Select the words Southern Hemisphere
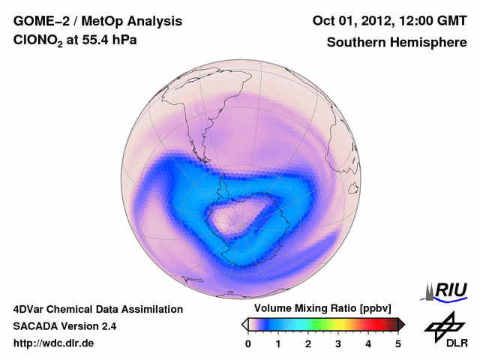[397, 43]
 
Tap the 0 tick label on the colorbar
[248, 343]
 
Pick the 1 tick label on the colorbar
[278, 343]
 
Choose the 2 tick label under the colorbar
[308, 343]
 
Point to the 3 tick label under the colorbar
[338, 343]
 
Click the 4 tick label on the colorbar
[368, 343]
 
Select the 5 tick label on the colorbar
[398, 343]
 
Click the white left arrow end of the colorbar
[244, 324]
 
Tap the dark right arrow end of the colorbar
[401, 324]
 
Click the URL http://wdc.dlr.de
[54, 343]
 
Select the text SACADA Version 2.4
[64, 326]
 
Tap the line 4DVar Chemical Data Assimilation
[97, 309]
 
